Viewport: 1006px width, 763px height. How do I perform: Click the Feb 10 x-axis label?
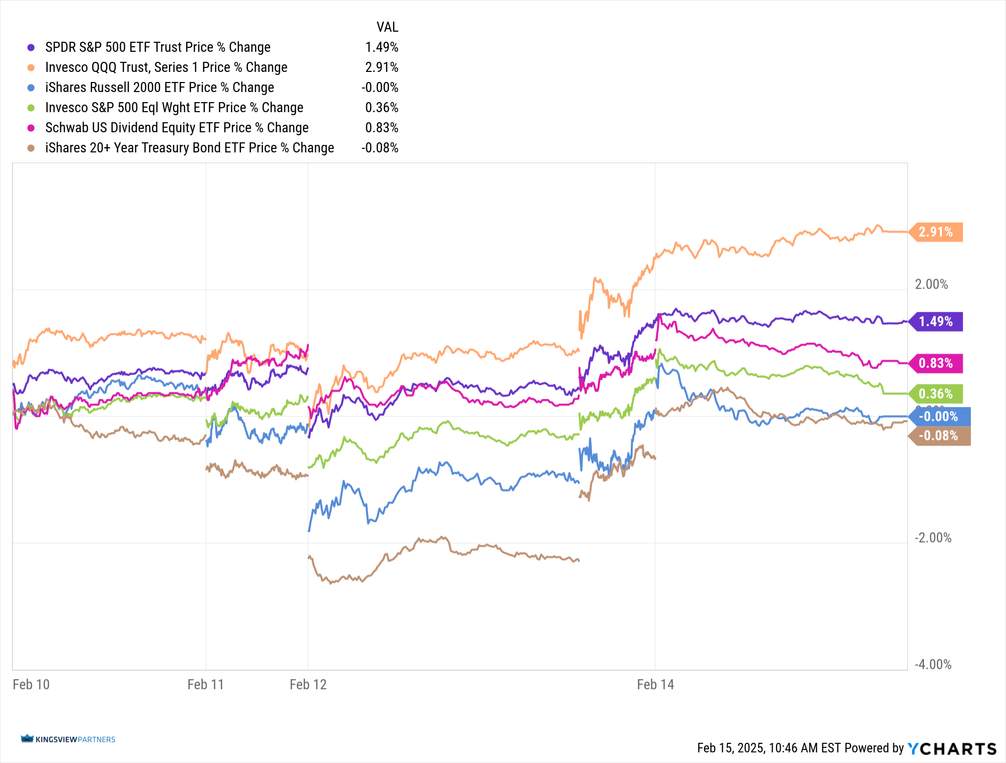click(x=31, y=685)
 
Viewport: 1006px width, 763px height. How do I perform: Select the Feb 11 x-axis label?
click(x=205, y=685)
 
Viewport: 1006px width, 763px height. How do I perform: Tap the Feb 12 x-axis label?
click(x=308, y=685)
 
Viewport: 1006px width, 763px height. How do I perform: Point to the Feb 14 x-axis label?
click(x=655, y=685)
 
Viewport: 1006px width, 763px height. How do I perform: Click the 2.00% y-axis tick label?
click(x=931, y=285)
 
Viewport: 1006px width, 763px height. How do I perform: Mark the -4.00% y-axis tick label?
click(x=933, y=664)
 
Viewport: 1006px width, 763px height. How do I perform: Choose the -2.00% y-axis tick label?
click(x=933, y=538)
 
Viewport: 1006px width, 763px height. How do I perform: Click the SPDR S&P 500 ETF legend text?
click(x=157, y=47)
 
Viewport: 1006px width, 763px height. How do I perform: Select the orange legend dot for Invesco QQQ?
click(x=31, y=67)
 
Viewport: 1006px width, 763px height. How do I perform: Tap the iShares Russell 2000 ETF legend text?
click(x=159, y=88)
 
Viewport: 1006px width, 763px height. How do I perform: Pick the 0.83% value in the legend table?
click(x=381, y=128)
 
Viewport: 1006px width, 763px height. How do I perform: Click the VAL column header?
click(x=387, y=27)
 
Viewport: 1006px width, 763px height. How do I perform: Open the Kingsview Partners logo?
click(x=68, y=739)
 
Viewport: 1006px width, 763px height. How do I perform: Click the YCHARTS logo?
click(x=952, y=748)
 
